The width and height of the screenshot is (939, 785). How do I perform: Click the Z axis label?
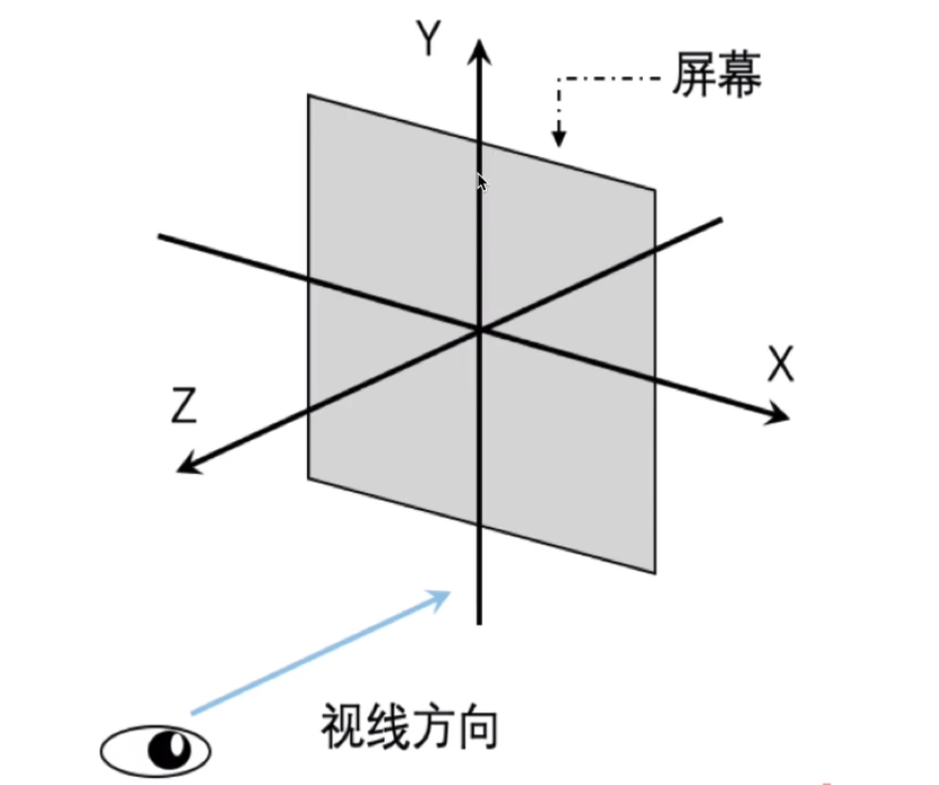click(x=182, y=406)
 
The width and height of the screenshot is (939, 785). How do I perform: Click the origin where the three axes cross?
click(x=480, y=329)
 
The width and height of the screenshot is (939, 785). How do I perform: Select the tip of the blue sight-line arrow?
click(x=446, y=592)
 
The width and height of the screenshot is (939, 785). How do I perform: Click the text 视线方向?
click(x=408, y=730)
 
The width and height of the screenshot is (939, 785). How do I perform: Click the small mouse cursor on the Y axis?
click(x=482, y=183)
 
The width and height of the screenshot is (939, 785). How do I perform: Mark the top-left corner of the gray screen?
click(x=309, y=96)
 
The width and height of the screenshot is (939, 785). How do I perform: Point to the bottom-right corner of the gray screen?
click(x=655, y=571)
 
